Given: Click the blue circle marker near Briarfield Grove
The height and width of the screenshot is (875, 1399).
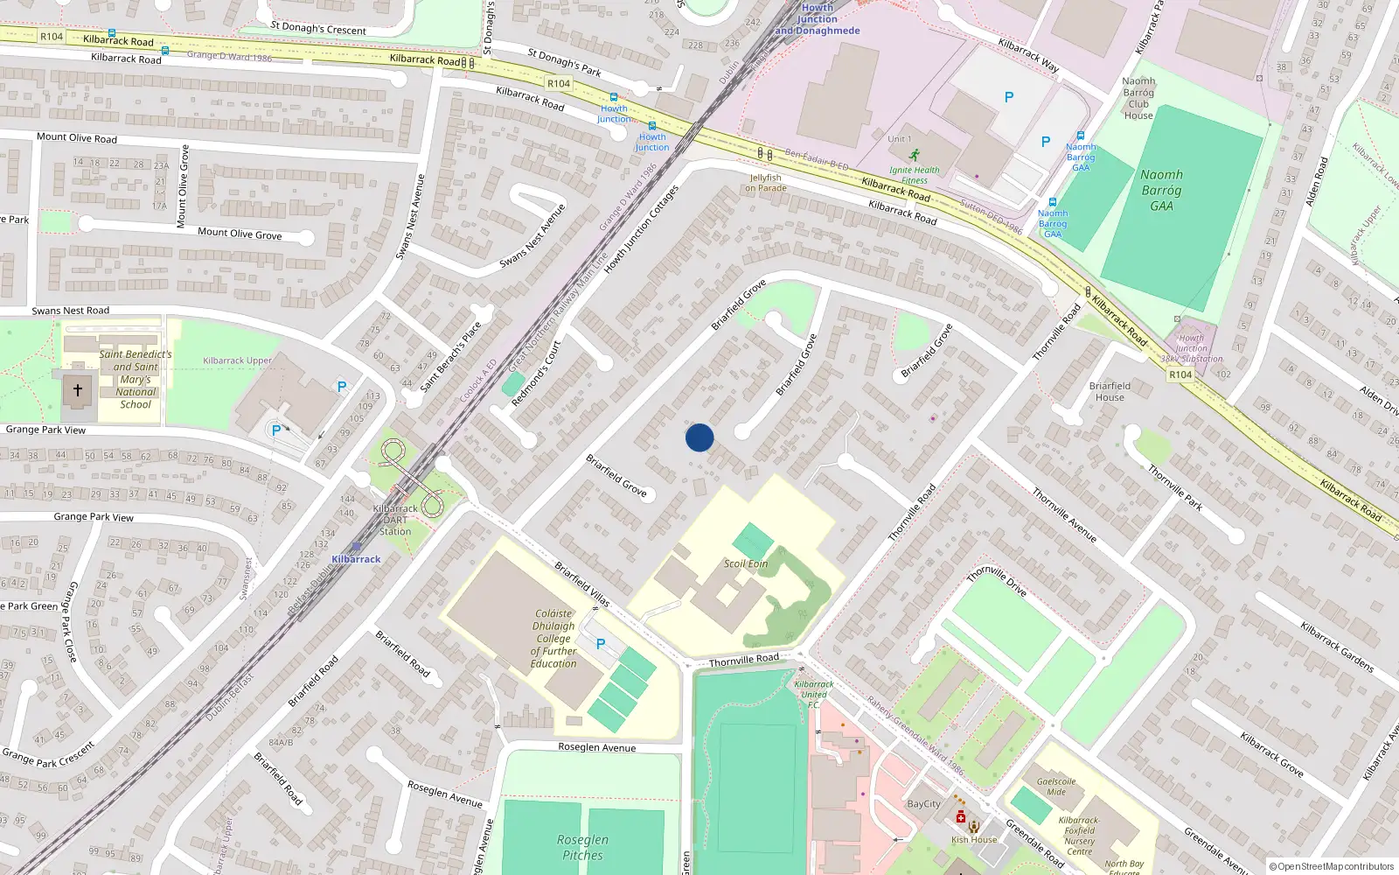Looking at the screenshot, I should [x=699, y=437].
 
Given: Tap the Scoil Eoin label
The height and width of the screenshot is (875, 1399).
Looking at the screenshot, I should [x=746, y=563].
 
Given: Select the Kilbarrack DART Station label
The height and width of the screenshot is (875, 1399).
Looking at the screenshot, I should [x=395, y=520].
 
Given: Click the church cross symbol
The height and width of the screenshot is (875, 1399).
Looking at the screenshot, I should [x=77, y=390].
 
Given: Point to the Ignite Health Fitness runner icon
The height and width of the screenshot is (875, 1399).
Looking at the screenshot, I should [x=915, y=155].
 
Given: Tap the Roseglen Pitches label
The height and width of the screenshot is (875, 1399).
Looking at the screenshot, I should [x=583, y=847].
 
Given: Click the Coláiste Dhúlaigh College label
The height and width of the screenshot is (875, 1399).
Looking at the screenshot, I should [x=554, y=639].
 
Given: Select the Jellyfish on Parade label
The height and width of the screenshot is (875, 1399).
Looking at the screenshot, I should [x=766, y=183].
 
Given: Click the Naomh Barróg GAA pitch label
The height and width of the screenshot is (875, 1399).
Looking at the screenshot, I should [x=1161, y=190].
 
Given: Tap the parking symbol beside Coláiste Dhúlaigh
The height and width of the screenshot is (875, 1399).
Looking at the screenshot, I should [x=601, y=644].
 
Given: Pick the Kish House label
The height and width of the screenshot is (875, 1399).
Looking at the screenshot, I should [x=974, y=840].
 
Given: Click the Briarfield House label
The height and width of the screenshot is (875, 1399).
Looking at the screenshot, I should [x=1110, y=391].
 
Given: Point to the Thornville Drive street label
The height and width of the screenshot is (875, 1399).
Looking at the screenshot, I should [x=997, y=581].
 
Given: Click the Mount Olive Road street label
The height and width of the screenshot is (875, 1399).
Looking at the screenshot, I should [x=77, y=137].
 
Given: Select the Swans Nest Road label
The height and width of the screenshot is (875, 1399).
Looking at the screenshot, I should [x=71, y=311].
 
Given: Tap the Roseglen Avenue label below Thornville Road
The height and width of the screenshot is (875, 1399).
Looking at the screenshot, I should [x=597, y=747].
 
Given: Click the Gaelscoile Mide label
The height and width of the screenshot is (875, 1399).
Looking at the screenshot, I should [x=1056, y=787].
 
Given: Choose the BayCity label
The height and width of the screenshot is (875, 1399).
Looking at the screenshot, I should [x=924, y=804].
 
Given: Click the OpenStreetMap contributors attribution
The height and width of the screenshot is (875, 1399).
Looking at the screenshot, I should [x=1331, y=867].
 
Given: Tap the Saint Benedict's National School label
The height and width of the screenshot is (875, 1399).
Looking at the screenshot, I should [x=136, y=380].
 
